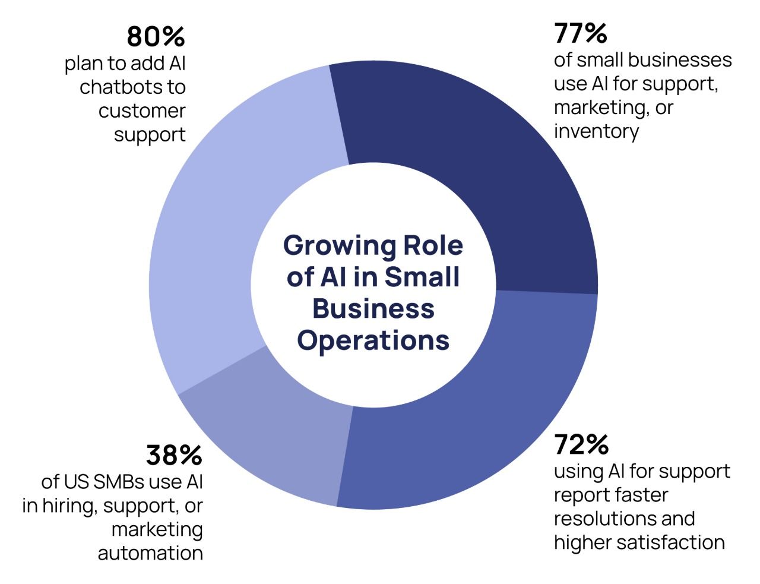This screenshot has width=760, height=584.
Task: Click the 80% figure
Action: click(x=156, y=37)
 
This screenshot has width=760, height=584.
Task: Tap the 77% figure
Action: click(x=580, y=33)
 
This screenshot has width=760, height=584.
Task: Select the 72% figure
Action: click(x=581, y=444)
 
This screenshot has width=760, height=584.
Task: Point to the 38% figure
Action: click(x=174, y=456)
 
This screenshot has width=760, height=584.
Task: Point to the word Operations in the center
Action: click(x=373, y=340)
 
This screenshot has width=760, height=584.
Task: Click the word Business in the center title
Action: click(x=373, y=309)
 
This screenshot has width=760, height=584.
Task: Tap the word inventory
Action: click(x=596, y=131)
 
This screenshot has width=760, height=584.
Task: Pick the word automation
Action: click(x=150, y=553)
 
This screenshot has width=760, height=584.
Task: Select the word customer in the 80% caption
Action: click(x=142, y=111)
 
